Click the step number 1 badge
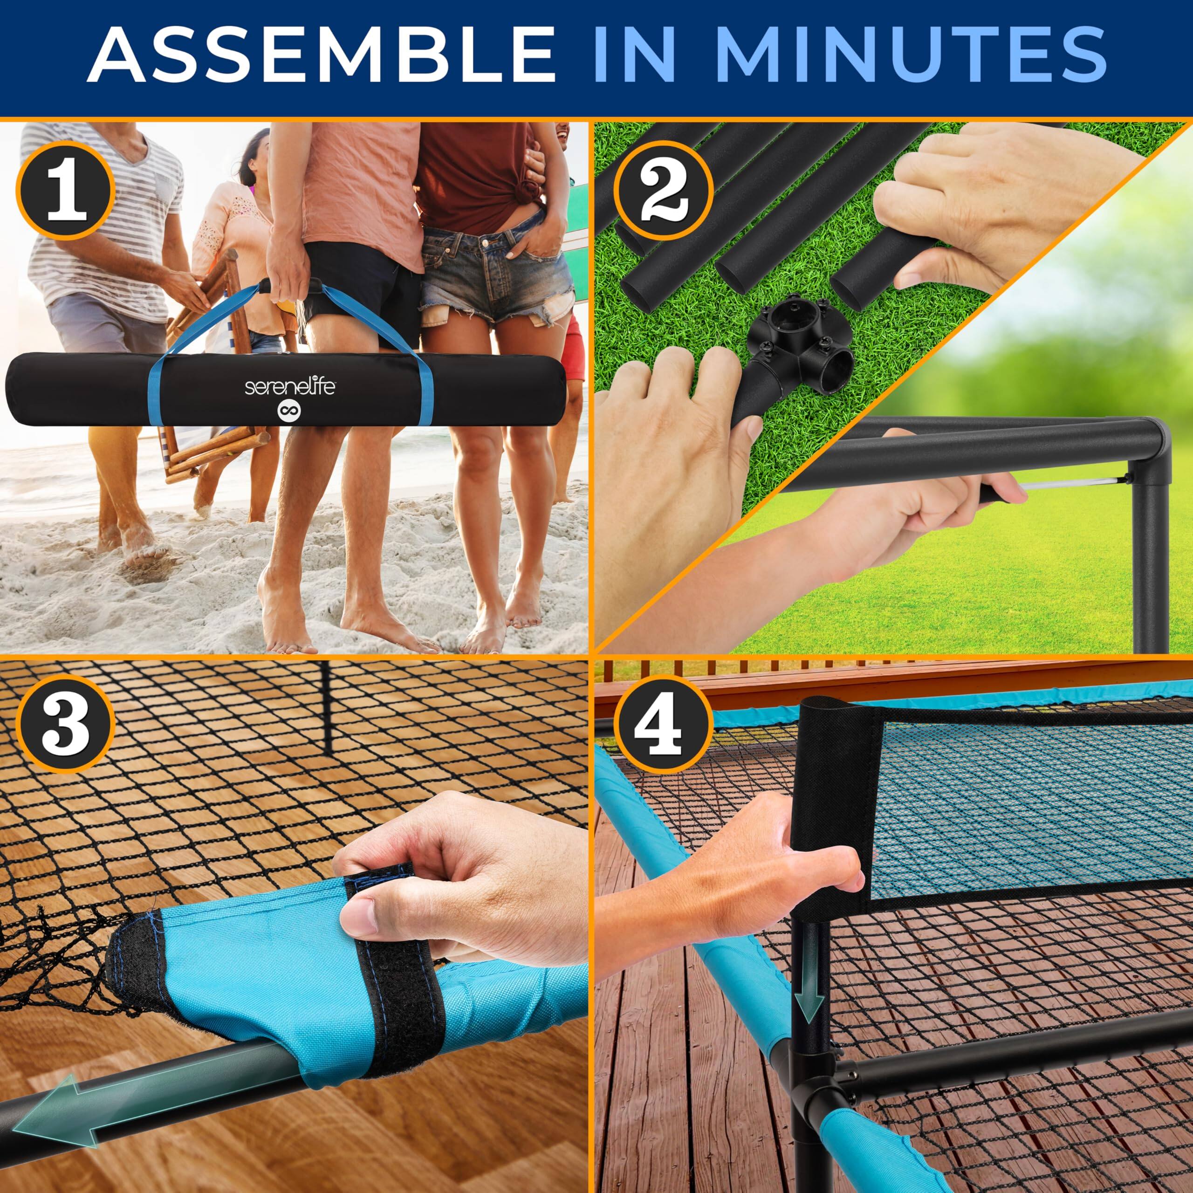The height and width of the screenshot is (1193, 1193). pyautogui.click(x=65, y=192)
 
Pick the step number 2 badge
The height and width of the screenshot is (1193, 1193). pyautogui.click(x=663, y=192)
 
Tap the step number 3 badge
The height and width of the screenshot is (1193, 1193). pyautogui.click(x=65, y=729)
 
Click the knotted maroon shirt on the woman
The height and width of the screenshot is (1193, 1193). pyautogui.click(x=475, y=173)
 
